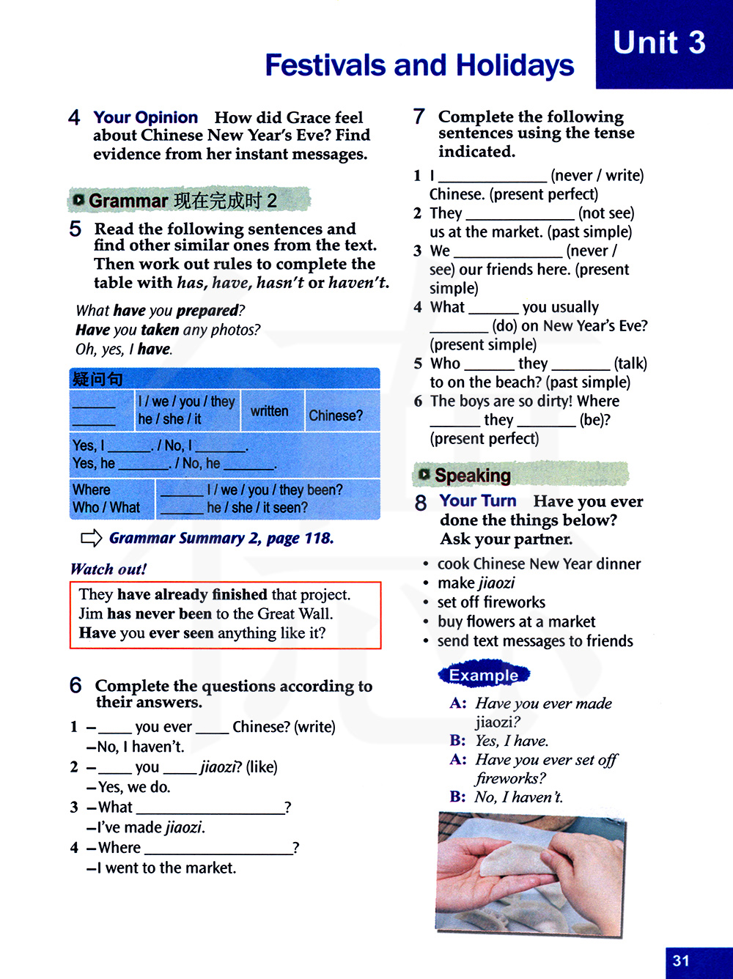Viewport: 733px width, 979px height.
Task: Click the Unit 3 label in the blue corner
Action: coord(659,43)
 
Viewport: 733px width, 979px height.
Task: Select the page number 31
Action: coord(681,961)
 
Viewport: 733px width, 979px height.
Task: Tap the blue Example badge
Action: coord(484,675)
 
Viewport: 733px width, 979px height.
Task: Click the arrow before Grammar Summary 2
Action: coord(91,539)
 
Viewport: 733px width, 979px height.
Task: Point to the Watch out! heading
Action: coord(108,569)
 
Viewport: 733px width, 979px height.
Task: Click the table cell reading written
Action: coord(270,411)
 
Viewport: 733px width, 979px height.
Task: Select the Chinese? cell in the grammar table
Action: coord(336,415)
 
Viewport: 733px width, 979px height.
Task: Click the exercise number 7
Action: coord(419,117)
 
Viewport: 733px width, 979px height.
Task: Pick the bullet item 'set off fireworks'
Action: coord(491,602)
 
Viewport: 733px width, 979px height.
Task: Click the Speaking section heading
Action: coord(472,476)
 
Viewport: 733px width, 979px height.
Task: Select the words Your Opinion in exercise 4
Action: coord(145,117)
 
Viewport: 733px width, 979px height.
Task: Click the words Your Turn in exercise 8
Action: coord(478,501)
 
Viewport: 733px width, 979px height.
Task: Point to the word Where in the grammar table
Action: coord(92,489)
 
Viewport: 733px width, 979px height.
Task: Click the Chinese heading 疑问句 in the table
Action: coord(97,379)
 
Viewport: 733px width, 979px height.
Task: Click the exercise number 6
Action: coord(75,685)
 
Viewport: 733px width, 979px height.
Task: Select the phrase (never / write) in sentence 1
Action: coord(597,176)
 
